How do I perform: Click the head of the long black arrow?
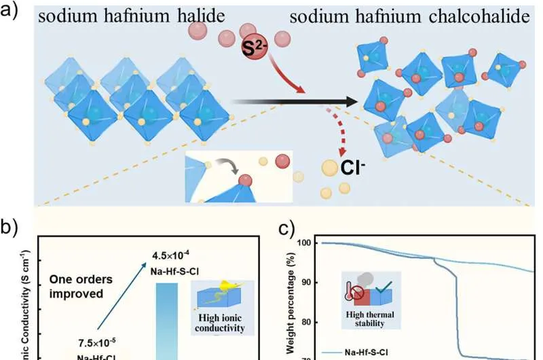point(350,103)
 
